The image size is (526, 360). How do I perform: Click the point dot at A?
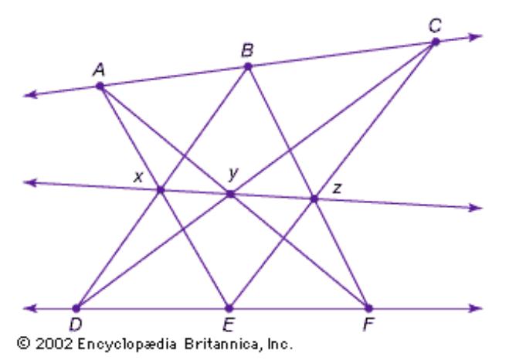(100, 86)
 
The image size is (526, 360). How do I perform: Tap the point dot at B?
(248, 66)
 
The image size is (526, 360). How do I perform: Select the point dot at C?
(436, 42)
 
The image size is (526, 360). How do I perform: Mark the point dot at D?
(76, 307)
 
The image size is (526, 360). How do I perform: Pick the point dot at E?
(228, 307)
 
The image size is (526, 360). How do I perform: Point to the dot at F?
(368, 307)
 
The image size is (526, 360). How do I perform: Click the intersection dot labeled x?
(161, 190)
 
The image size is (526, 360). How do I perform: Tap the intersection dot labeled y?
(229, 194)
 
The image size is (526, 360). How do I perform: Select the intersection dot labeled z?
(314, 199)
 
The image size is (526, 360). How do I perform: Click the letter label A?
(99, 70)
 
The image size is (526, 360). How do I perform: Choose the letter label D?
(76, 324)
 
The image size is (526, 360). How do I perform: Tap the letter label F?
(368, 324)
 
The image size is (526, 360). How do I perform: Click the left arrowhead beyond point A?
(30, 95)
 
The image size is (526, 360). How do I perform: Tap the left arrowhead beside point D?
(30, 307)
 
